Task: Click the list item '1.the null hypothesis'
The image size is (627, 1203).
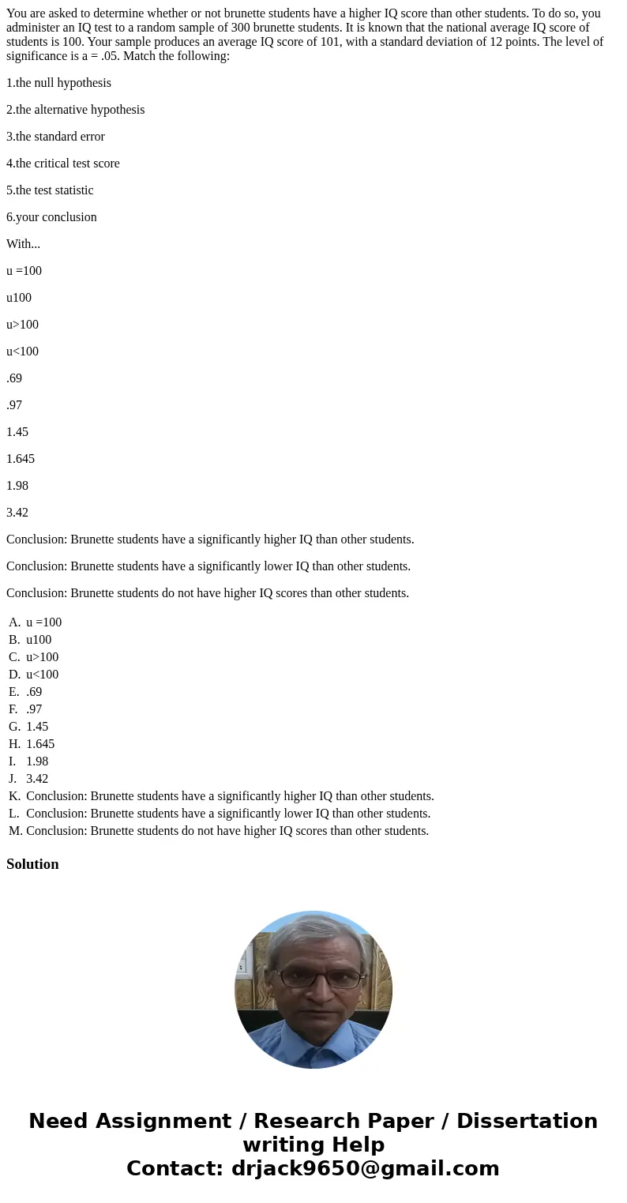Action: [58, 83]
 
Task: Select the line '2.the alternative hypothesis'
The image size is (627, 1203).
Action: [75, 110]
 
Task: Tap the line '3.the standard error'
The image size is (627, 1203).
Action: [55, 137]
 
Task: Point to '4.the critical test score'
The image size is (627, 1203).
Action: [63, 164]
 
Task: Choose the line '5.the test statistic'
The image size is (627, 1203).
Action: [50, 190]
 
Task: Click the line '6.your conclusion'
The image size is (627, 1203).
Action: [51, 217]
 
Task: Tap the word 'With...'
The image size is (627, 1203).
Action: [23, 244]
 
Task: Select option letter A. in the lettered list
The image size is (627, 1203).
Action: [15, 622]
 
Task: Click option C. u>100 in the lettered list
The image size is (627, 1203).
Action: [42, 657]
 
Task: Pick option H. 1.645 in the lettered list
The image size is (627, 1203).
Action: [40, 744]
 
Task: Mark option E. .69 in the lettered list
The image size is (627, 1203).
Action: [34, 692]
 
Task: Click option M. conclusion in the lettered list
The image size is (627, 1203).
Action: [227, 831]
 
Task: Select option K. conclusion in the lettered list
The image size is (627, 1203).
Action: [230, 796]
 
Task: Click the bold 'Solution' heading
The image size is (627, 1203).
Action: [32, 864]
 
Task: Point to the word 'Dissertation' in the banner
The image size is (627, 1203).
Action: [527, 1121]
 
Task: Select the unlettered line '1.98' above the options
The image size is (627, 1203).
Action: [17, 486]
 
